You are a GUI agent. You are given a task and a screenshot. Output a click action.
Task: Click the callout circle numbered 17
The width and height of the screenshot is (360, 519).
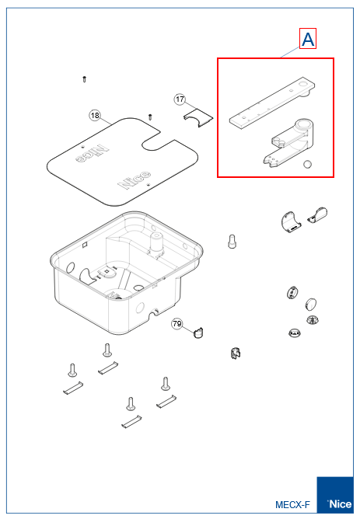(180, 99)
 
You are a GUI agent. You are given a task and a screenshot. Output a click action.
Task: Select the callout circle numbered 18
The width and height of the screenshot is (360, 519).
(95, 115)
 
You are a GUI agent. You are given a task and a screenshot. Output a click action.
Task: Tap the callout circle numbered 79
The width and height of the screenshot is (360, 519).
(177, 324)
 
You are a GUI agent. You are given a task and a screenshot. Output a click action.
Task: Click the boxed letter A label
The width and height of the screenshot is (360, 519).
(308, 39)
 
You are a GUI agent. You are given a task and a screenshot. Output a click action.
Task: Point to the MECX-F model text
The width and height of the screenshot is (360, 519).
(293, 504)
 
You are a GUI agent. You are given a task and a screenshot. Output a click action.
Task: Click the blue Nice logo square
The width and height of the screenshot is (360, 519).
(335, 495)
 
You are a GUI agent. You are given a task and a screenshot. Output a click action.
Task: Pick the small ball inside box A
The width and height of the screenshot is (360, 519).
(307, 164)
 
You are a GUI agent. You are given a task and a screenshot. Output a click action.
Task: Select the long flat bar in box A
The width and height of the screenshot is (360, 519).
(272, 101)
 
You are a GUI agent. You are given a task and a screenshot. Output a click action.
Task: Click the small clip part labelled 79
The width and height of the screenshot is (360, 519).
(198, 333)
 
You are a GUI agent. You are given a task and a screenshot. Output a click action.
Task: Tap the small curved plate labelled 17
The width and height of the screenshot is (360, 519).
(198, 118)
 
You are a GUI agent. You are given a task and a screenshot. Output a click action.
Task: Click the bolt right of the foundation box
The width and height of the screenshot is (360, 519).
(232, 242)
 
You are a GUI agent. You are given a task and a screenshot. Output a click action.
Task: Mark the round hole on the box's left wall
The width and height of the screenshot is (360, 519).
(71, 268)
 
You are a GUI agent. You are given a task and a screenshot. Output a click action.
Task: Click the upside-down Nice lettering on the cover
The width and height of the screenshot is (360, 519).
(92, 153)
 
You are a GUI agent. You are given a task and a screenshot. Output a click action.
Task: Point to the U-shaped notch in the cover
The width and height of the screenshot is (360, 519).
(158, 141)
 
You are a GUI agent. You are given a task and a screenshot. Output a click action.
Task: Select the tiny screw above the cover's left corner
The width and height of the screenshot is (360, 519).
(84, 79)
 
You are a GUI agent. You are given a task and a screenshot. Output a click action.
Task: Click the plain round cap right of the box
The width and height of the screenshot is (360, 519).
(310, 304)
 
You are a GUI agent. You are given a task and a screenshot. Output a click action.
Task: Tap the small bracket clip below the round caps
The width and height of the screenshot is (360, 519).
(235, 354)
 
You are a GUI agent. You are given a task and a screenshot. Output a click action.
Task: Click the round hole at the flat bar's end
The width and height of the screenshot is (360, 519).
(303, 85)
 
